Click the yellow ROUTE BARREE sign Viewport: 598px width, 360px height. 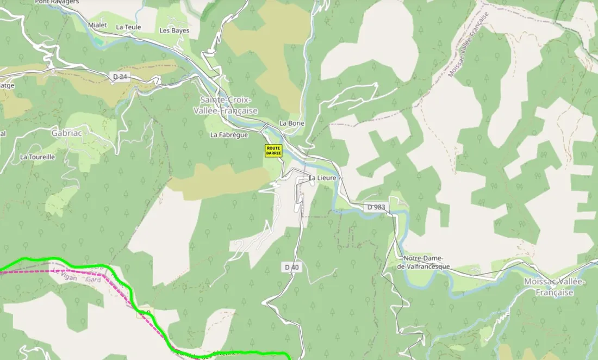click(273, 151)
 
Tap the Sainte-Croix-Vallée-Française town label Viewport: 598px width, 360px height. click(226, 105)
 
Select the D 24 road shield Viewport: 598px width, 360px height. click(121, 77)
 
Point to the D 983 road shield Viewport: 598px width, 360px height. click(376, 207)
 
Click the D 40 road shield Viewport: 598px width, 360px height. click(292, 267)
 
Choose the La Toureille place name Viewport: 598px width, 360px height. click(38, 157)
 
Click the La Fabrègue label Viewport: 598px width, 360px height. click(229, 135)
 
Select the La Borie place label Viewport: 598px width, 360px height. click(292, 123)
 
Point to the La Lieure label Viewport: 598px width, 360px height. click(323, 178)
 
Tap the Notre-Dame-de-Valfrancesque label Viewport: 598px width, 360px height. click(423, 262)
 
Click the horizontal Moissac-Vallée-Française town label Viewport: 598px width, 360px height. click(554, 287)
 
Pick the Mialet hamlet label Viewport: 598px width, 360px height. click(97, 25)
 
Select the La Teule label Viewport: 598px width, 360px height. click(128, 27)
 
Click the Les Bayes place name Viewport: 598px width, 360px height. click(174, 30)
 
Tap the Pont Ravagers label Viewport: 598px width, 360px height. click(57, 2)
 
